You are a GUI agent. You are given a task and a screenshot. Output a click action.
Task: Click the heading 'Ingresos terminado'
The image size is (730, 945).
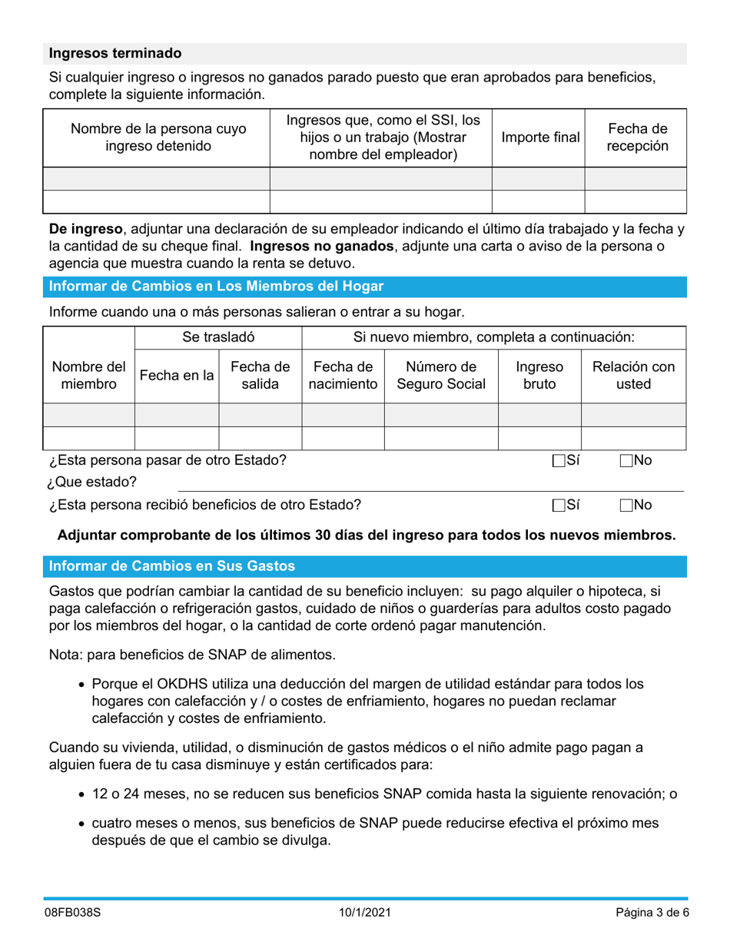point(115,54)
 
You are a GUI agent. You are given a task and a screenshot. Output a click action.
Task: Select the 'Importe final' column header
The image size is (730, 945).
point(539,138)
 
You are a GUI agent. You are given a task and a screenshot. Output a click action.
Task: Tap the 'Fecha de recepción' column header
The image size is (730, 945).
point(637,138)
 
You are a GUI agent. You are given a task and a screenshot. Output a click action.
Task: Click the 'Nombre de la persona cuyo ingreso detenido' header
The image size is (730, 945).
point(158,138)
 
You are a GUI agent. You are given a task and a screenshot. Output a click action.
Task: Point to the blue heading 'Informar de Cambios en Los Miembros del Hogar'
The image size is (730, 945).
point(216,287)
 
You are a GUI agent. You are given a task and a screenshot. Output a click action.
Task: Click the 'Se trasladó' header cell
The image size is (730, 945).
point(218,337)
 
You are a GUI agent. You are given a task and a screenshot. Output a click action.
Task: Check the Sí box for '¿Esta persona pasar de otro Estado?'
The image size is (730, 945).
point(559,461)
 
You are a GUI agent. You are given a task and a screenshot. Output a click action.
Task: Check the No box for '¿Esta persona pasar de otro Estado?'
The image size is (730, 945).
point(625,461)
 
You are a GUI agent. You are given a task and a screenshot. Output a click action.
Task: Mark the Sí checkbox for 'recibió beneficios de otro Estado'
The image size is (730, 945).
point(559,506)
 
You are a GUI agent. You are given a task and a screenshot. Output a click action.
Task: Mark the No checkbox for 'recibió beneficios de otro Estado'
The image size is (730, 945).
point(625,506)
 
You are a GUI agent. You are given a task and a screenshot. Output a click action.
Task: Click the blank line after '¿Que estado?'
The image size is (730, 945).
point(430,483)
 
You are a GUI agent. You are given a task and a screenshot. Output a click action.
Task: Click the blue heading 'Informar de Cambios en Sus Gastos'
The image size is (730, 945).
point(172,566)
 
